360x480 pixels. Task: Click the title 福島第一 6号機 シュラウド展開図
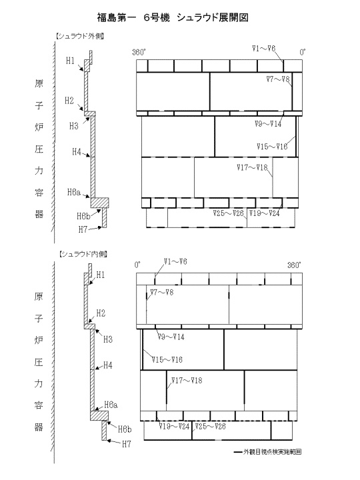click(x=173, y=18)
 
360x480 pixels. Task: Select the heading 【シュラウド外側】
click(x=80, y=37)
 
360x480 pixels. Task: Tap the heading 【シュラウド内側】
click(x=83, y=254)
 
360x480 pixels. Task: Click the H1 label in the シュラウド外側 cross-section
click(x=71, y=61)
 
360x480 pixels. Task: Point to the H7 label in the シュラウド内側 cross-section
click(x=127, y=444)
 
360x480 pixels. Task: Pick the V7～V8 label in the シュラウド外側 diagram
click(x=278, y=79)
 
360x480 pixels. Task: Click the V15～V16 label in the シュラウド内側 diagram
click(x=167, y=359)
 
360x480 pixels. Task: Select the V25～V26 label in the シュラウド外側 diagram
click(x=229, y=213)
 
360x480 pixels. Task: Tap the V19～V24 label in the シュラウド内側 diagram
click(x=174, y=426)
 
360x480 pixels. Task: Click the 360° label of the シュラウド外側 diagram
click(x=139, y=52)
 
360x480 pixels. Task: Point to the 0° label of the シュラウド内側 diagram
click(x=137, y=265)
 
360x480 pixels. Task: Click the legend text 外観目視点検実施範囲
click(x=273, y=452)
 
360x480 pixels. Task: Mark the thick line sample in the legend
click(x=238, y=452)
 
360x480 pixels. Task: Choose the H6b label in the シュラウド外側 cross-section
click(x=83, y=216)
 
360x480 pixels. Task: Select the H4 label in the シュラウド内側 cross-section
click(x=108, y=365)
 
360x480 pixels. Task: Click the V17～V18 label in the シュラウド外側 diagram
click(x=252, y=167)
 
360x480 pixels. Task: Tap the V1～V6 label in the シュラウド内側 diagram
click(x=175, y=261)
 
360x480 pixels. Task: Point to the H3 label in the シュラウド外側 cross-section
click(x=74, y=126)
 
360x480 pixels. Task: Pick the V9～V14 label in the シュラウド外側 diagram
click(x=268, y=124)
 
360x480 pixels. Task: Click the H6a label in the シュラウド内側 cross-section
click(x=111, y=405)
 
